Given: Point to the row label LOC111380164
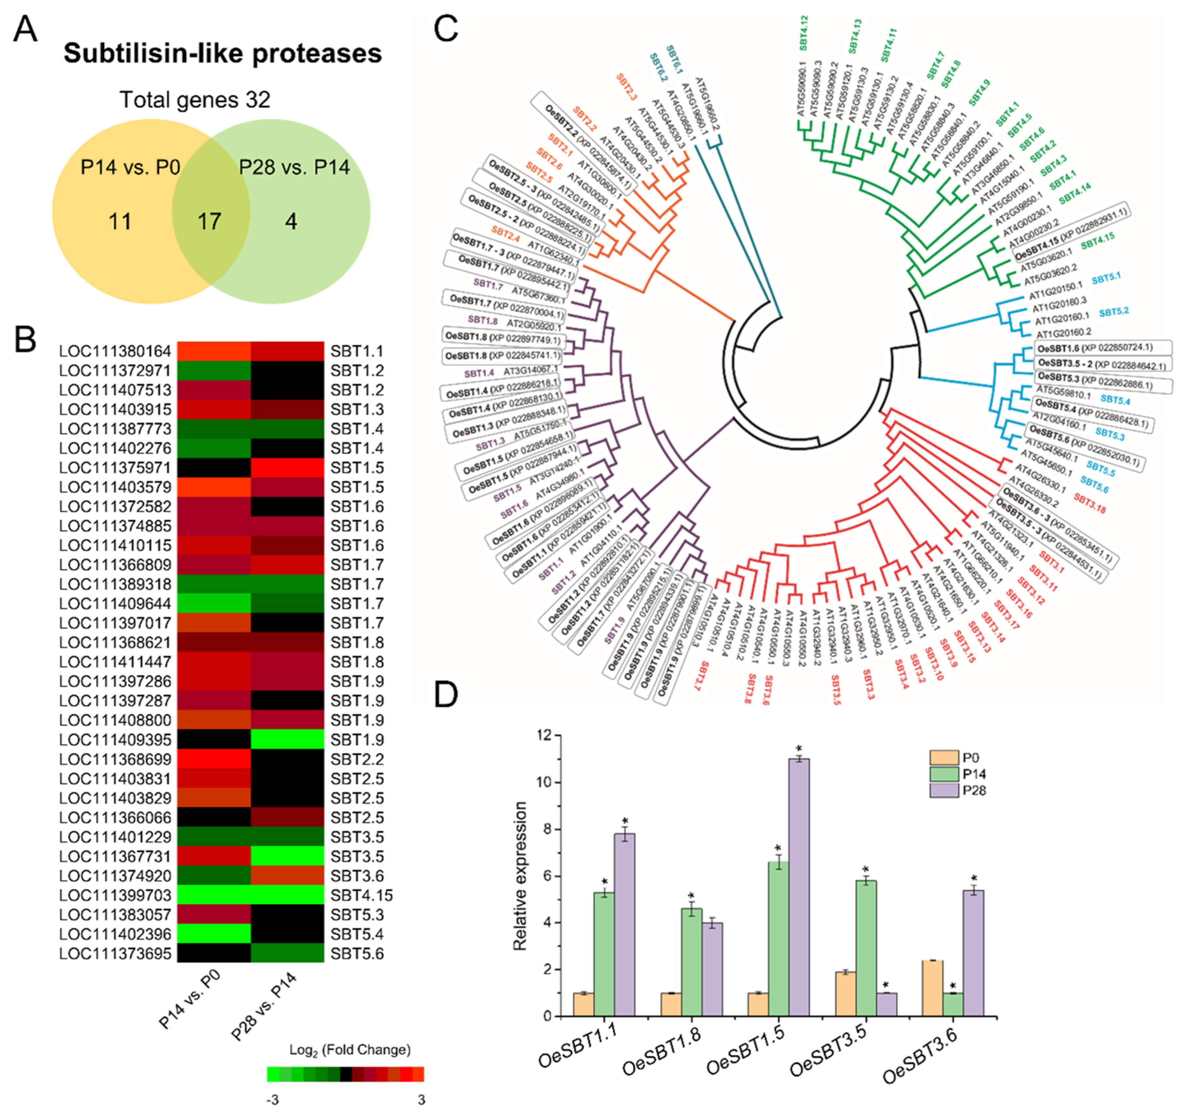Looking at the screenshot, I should (x=115, y=351).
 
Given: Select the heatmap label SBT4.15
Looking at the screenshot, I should (x=361, y=896).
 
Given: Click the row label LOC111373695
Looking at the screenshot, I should (x=115, y=954).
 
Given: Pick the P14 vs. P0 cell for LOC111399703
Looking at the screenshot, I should (x=213, y=896).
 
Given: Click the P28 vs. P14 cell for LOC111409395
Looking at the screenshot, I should (x=287, y=740).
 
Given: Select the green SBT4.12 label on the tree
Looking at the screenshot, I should (x=804, y=32).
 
